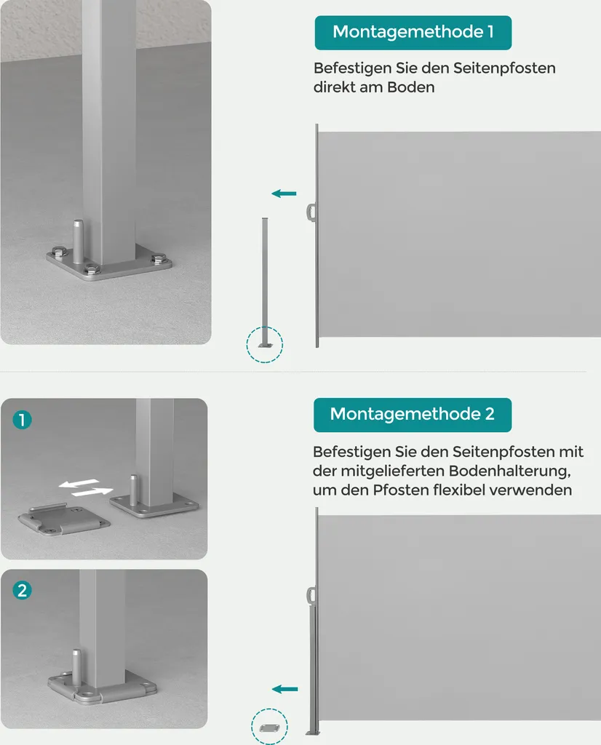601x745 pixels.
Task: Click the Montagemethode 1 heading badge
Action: coord(413,32)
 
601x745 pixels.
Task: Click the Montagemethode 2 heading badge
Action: coord(413,415)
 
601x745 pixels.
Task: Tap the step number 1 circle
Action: coord(22,420)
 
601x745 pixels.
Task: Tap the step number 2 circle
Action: coord(22,591)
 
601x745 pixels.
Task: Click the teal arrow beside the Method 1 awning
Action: coord(284,194)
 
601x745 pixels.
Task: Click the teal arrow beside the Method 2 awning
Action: coord(285,689)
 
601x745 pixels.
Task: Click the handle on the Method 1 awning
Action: coord(310,212)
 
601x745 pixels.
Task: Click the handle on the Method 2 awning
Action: coord(310,595)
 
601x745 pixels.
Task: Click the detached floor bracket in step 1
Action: coord(63,519)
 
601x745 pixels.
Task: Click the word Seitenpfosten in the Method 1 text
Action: coord(504,68)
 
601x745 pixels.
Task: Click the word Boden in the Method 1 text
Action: coord(410,87)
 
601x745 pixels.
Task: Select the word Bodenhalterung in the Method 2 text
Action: coord(509,471)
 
